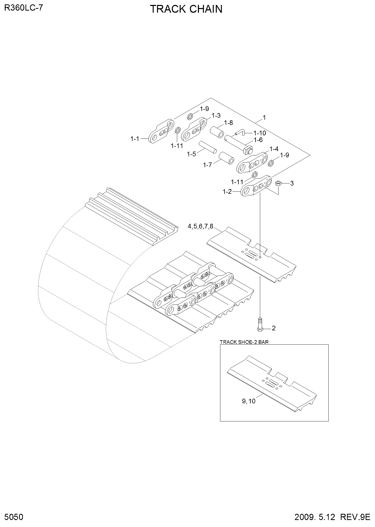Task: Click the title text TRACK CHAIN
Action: pyautogui.click(x=186, y=9)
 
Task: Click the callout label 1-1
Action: pyautogui.click(x=135, y=139)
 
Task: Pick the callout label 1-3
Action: pyautogui.click(x=216, y=115)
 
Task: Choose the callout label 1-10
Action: pyautogui.click(x=260, y=133)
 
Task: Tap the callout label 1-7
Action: pyautogui.click(x=207, y=165)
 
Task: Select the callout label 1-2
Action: pyautogui.click(x=227, y=192)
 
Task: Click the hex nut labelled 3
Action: pyautogui.click(x=278, y=183)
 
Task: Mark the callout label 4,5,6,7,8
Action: pyautogui.click(x=200, y=226)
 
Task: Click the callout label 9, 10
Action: pyautogui.click(x=249, y=401)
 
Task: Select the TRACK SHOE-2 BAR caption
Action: pyautogui.click(x=244, y=342)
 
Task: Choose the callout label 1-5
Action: pyautogui.click(x=191, y=154)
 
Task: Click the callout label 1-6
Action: pyautogui.click(x=258, y=140)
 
